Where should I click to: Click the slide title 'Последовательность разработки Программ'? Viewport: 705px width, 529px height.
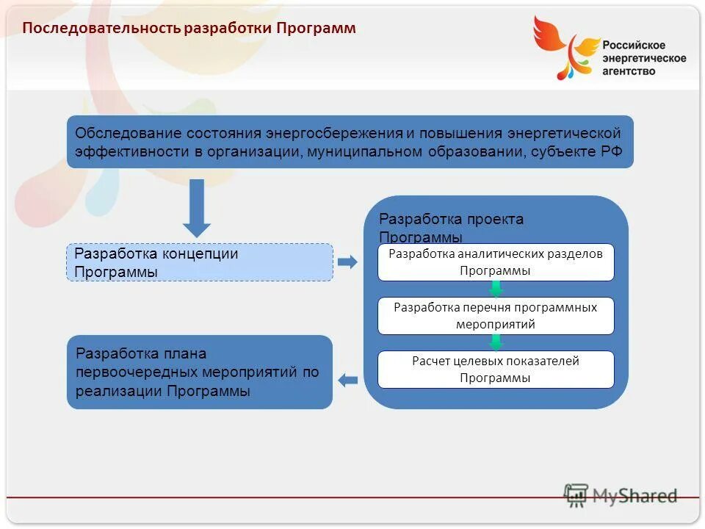pos(189,29)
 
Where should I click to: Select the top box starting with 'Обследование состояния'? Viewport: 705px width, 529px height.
pos(350,142)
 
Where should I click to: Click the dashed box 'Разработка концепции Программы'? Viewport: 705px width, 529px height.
pos(200,262)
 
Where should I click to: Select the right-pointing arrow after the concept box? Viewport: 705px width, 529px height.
pos(347,262)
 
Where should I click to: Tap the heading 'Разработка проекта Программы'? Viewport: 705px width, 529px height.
pos(451,227)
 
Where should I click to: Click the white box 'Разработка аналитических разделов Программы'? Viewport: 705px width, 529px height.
pos(496,262)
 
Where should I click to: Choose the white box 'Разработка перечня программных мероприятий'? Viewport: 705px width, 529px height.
pos(496,316)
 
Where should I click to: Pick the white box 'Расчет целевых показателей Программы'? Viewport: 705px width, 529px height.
pos(496,370)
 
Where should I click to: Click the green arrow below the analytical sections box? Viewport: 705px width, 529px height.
pos(496,289)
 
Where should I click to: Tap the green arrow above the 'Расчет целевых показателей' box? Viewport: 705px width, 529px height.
pos(496,342)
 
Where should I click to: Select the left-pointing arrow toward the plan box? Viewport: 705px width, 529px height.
pos(347,380)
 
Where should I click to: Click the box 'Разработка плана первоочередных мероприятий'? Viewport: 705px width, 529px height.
pos(200,372)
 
